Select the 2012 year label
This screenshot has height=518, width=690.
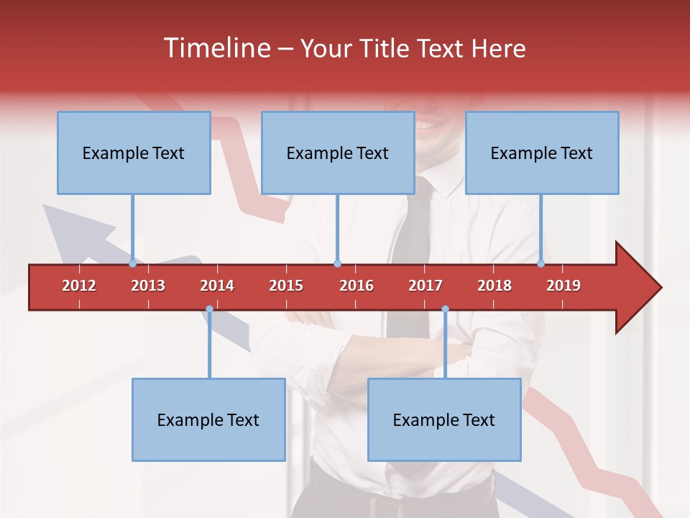click(79, 286)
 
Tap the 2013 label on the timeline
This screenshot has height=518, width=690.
click(148, 286)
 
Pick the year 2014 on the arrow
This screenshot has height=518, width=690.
click(217, 286)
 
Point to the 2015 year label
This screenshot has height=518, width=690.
click(286, 286)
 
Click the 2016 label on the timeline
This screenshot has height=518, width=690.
click(356, 286)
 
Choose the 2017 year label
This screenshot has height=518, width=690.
click(425, 286)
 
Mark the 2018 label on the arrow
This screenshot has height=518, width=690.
click(494, 286)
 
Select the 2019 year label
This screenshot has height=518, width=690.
click(563, 286)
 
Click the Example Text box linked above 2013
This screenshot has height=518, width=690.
click(134, 153)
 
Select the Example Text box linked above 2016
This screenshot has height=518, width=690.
click(338, 153)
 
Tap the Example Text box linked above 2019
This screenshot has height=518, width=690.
click(542, 153)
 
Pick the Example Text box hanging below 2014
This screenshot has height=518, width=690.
click(208, 419)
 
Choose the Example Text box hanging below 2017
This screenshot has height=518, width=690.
click(444, 419)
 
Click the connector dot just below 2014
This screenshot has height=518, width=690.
click(209, 309)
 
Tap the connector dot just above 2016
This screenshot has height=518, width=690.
click(337, 263)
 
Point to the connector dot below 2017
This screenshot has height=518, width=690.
click(445, 309)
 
